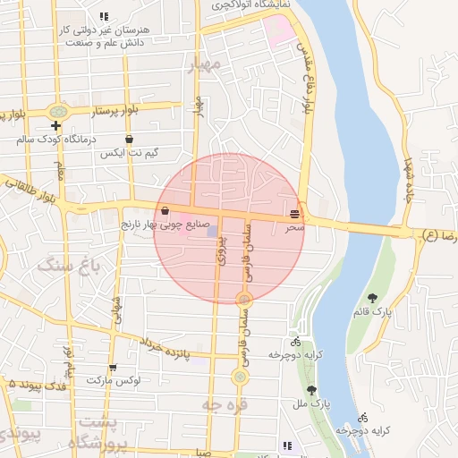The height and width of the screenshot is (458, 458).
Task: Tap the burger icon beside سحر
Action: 295,213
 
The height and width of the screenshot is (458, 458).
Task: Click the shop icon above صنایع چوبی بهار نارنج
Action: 165,211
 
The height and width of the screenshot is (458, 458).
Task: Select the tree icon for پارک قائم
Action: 372,298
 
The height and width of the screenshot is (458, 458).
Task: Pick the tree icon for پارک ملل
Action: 311,390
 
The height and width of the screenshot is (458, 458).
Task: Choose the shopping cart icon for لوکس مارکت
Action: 113,368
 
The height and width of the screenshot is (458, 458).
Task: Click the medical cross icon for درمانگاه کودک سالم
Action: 55,126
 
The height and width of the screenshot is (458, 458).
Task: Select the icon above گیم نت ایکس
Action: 130,140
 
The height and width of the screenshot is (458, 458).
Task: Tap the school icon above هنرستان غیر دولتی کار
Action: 105,16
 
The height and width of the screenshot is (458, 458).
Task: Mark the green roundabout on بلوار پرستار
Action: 59,112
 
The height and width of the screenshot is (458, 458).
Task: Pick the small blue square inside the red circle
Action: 212,233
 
